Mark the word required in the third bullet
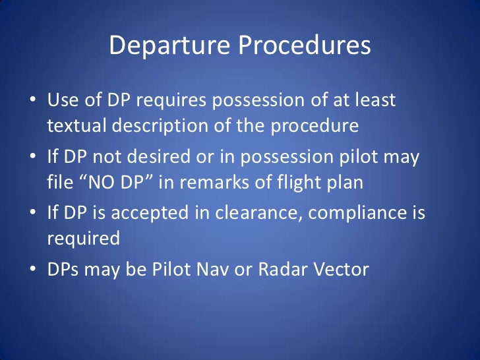pyautogui.click(x=83, y=237)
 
